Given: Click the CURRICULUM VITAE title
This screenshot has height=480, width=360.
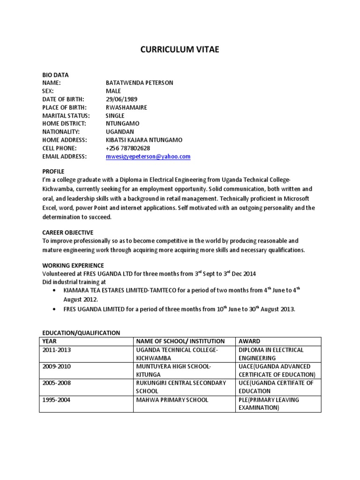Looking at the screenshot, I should [x=180, y=51].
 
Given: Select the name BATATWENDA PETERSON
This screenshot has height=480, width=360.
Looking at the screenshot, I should [x=139, y=83].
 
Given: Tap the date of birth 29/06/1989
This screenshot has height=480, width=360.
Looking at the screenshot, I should [x=122, y=99].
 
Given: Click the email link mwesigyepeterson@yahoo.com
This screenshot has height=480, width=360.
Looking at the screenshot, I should [x=148, y=157].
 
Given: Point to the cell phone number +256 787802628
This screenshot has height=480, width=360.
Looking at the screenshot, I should [x=128, y=148].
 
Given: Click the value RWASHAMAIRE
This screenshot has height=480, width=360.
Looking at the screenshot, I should [x=127, y=107].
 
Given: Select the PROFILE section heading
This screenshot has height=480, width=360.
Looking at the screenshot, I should [x=53, y=171].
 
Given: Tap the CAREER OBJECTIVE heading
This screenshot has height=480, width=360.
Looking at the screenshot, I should [x=67, y=232].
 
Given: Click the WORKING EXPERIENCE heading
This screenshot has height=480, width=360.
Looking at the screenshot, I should [x=73, y=265].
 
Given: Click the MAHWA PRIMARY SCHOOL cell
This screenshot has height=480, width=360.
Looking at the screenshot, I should [x=172, y=400].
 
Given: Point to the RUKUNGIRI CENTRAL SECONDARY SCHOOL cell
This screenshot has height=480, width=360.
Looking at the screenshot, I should [x=181, y=387].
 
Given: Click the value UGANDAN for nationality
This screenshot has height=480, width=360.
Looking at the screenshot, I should [x=120, y=132].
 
